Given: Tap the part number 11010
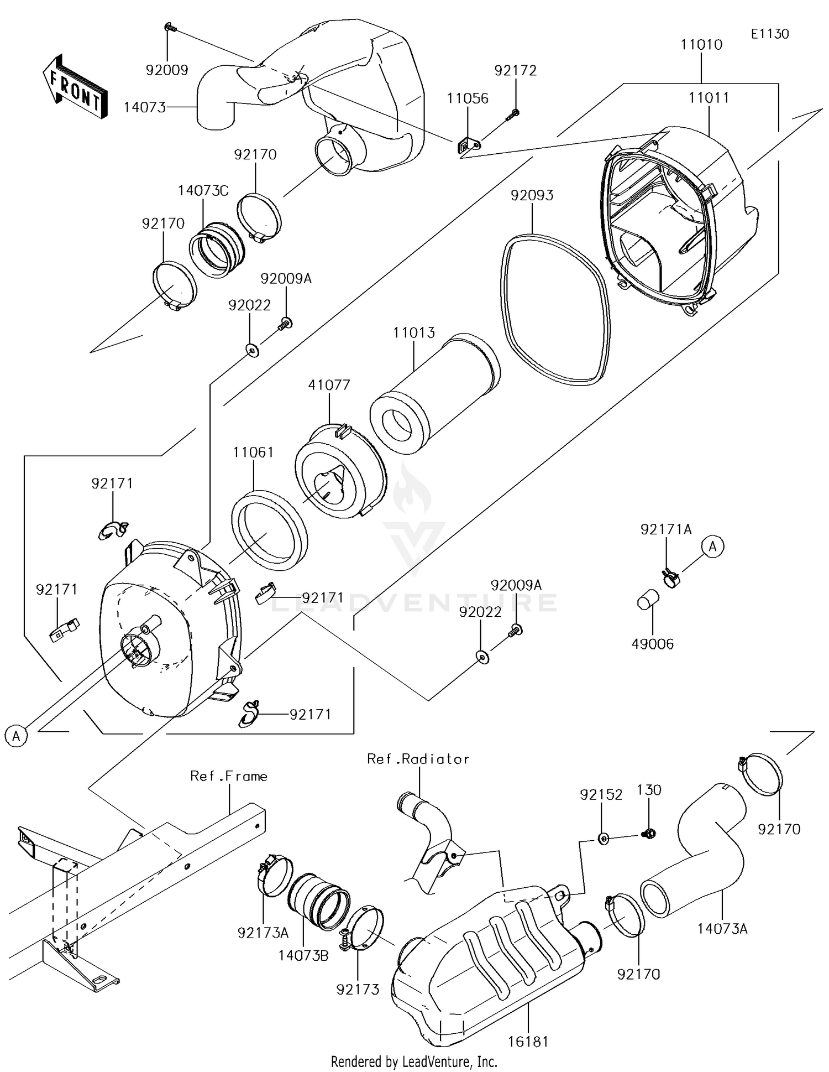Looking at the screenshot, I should (x=701, y=45).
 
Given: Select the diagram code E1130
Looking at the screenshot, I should (x=769, y=34).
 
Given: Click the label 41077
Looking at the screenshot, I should (x=329, y=384).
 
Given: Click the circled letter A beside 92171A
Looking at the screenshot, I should (x=712, y=547).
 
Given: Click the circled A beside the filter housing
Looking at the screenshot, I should (x=16, y=736).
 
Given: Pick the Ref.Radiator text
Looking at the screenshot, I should (x=418, y=759).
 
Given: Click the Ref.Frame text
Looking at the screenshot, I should (x=229, y=776).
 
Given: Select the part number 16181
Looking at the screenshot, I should (x=528, y=1042).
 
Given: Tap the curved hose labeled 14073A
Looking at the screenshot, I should (x=702, y=852).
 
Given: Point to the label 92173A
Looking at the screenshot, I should (x=263, y=933).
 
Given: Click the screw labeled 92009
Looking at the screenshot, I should (x=169, y=27).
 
